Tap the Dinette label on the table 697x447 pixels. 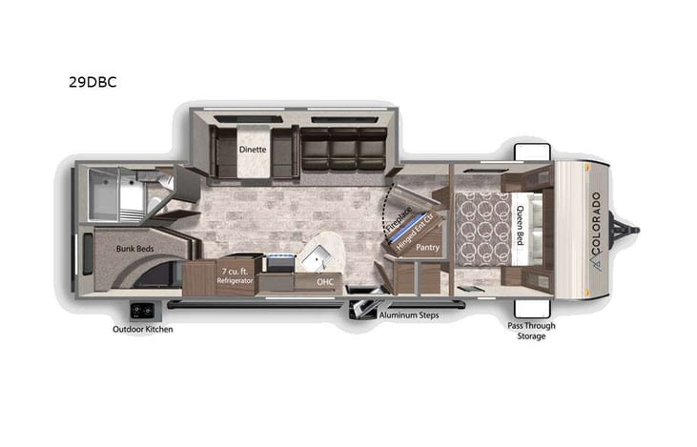coord(253,150)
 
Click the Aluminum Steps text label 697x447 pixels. coord(408,315)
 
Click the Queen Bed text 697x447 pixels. coord(521,225)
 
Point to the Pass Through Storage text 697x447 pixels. coord(532,331)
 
